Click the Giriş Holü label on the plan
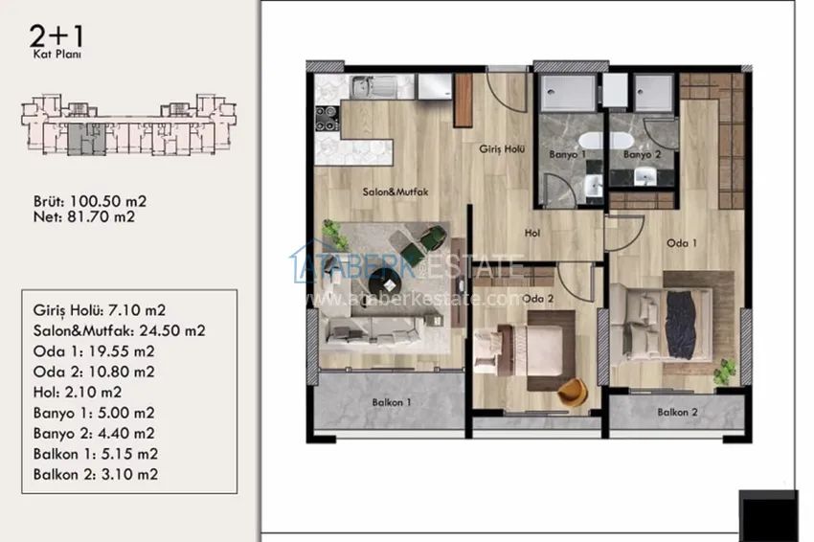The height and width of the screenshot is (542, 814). click(502, 149)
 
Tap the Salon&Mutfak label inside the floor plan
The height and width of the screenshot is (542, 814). click(396, 192)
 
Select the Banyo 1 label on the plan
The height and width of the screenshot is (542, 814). click(567, 154)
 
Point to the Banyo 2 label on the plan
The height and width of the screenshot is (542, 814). click(643, 154)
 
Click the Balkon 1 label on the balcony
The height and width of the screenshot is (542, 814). click(392, 402)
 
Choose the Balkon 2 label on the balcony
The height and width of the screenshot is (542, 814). click(677, 412)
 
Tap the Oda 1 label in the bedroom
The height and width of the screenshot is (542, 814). click(681, 243)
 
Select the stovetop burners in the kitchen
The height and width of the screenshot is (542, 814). click(328, 119)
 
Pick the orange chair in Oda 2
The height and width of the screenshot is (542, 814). click(573, 391)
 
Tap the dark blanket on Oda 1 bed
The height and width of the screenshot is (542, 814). click(681, 324)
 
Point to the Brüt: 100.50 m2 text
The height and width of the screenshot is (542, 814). click(90, 201)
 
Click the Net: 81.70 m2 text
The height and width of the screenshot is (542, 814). click(84, 216)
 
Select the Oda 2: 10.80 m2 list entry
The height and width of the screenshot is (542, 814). click(94, 372)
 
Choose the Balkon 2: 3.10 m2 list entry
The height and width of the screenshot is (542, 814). click(96, 474)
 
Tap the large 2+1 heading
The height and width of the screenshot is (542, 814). click(57, 36)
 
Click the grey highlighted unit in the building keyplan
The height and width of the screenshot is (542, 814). click(87, 139)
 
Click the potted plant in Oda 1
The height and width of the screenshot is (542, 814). click(724, 373)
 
